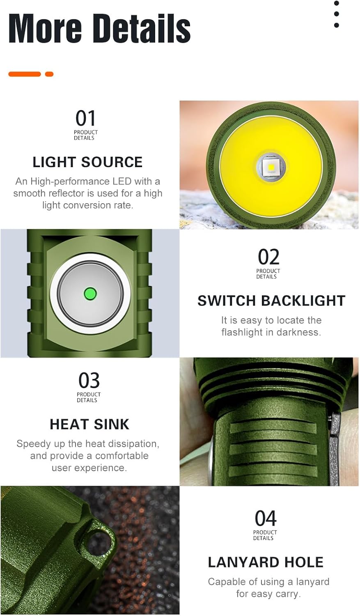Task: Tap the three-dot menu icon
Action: point(337,14)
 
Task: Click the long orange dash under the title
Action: point(25,74)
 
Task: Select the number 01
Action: point(85,119)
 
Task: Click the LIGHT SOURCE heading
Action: point(87,162)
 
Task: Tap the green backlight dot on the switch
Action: point(90,294)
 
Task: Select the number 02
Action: point(268,257)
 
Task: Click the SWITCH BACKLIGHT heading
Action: point(271,301)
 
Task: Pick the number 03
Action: point(89,381)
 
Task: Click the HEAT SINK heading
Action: point(89,424)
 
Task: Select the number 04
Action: point(266,519)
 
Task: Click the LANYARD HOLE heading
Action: point(266,562)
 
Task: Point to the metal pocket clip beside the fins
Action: point(335,448)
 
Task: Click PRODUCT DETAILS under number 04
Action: point(265,535)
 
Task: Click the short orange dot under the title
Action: point(49,74)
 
